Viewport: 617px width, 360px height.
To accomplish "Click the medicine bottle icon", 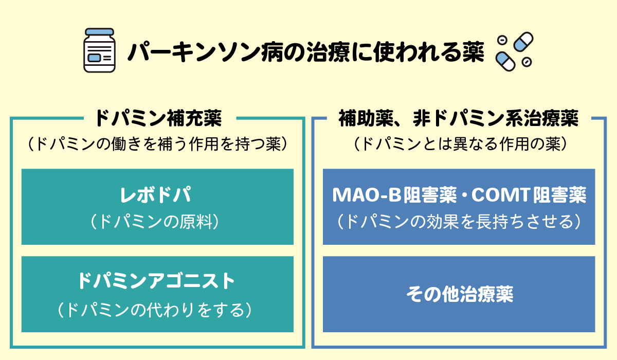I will coord(99,51).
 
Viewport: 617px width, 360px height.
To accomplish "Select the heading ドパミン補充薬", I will coord(158,119).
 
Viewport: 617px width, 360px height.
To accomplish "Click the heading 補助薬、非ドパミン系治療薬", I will coord(459,119).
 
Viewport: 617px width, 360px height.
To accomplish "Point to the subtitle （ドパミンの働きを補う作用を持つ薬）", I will coord(157,145).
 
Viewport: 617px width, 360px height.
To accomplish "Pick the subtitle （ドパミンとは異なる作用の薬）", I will coord(459,145).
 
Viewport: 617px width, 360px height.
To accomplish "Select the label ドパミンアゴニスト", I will coord(157,281).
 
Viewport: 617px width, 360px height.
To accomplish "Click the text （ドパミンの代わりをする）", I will coord(157,309).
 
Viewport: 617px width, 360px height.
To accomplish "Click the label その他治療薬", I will coord(459,295).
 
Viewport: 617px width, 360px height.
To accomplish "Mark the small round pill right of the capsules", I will coord(526,62).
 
